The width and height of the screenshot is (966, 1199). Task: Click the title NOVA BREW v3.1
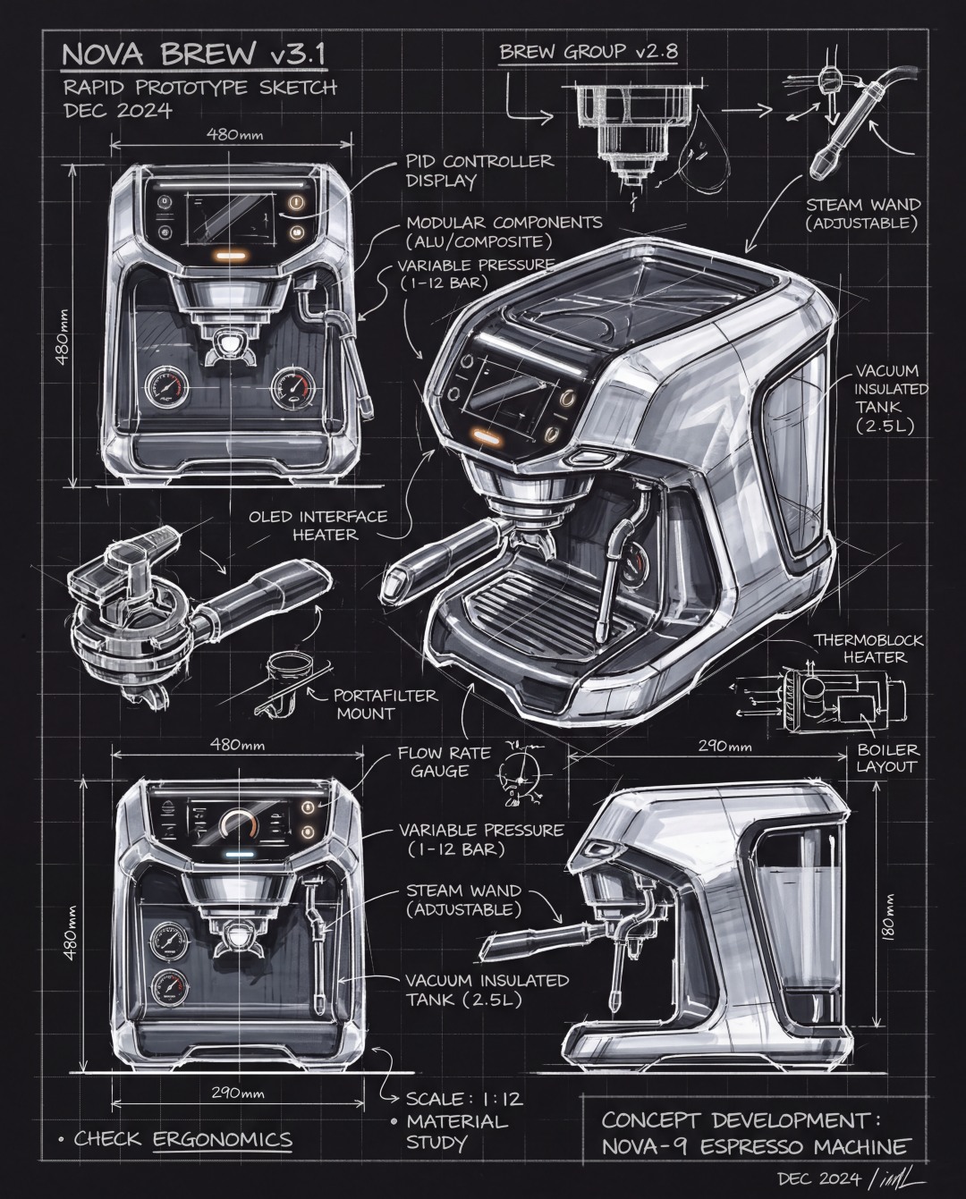tap(193, 55)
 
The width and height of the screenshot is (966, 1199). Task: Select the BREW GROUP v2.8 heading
tap(588, 52)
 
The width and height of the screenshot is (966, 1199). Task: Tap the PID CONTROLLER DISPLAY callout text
tap(479, 171)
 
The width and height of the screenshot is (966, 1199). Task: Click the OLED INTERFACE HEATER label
tap(318, 526)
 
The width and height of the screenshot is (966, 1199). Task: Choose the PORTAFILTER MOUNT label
tap(386, 704)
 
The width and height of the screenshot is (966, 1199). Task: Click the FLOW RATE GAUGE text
tap(444, 762)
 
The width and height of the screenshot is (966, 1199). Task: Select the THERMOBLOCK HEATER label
tap(868, 648)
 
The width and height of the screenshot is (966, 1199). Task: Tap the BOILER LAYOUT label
tap(887, 758)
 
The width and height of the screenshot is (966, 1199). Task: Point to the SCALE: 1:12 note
tap(464, 1099)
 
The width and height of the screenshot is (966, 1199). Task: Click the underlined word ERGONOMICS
tap(223, 1139)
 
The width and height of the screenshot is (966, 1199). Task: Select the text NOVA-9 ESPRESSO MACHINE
tap(756, 1147)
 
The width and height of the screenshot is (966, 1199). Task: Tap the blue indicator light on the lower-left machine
tap(236, 855)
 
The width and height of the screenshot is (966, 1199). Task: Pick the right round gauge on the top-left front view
tap(292, 388)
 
